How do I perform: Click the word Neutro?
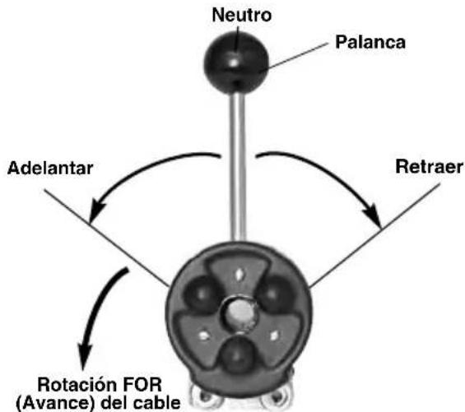[x=242, y=15]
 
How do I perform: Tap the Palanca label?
[x=370, y=42]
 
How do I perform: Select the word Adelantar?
[x=50, y=168]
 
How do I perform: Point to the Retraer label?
[x=429, y=167]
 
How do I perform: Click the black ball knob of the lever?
[x=236, y=63]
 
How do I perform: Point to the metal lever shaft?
[x=239, y=167]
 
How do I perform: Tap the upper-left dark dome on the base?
[x=201, y=294]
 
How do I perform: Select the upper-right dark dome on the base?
[x=275, y=294]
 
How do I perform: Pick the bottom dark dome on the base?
[x=237, y=354]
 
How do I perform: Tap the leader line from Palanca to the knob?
[x=294, y=57]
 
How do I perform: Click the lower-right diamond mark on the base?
[x=274, y=336]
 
